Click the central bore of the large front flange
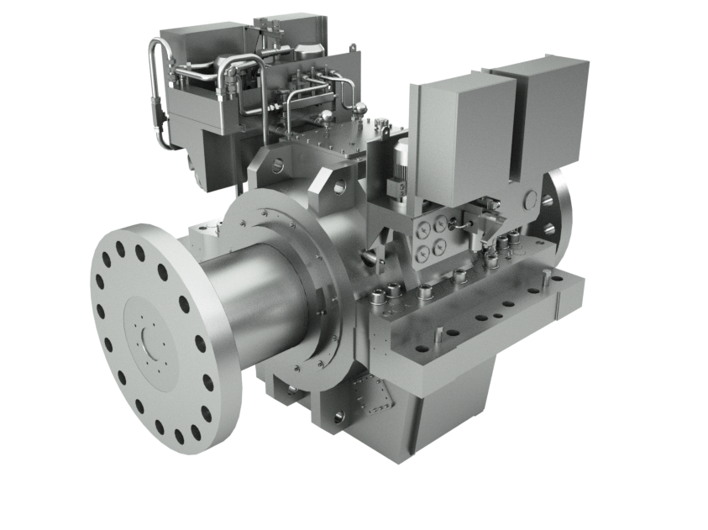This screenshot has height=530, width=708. point(154,340)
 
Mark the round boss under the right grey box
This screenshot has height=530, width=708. point(529,200)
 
